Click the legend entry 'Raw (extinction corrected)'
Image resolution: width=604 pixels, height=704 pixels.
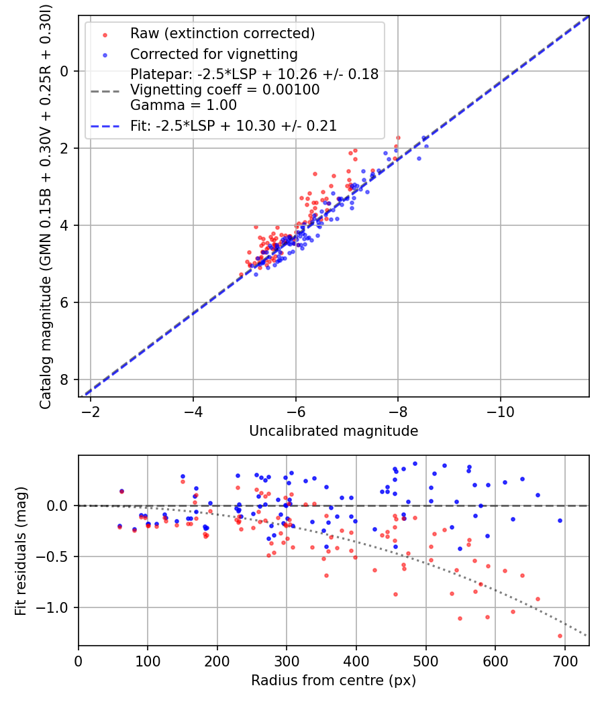(221, 34)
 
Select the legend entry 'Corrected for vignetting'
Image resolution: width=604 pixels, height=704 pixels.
(213, 54)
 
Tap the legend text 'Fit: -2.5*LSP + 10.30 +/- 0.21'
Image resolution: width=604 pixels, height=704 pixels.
(234, 125)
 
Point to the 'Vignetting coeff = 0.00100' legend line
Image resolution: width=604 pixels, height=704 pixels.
(225, 90)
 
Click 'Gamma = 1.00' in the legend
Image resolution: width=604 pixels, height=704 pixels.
(183, 105)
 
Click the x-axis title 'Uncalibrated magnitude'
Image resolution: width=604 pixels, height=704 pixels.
(334, 431)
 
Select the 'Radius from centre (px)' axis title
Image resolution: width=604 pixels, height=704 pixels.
(334, 681)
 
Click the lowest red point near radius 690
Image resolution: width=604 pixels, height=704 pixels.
(560, 636)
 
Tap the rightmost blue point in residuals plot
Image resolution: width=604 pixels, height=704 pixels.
(560, 520)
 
